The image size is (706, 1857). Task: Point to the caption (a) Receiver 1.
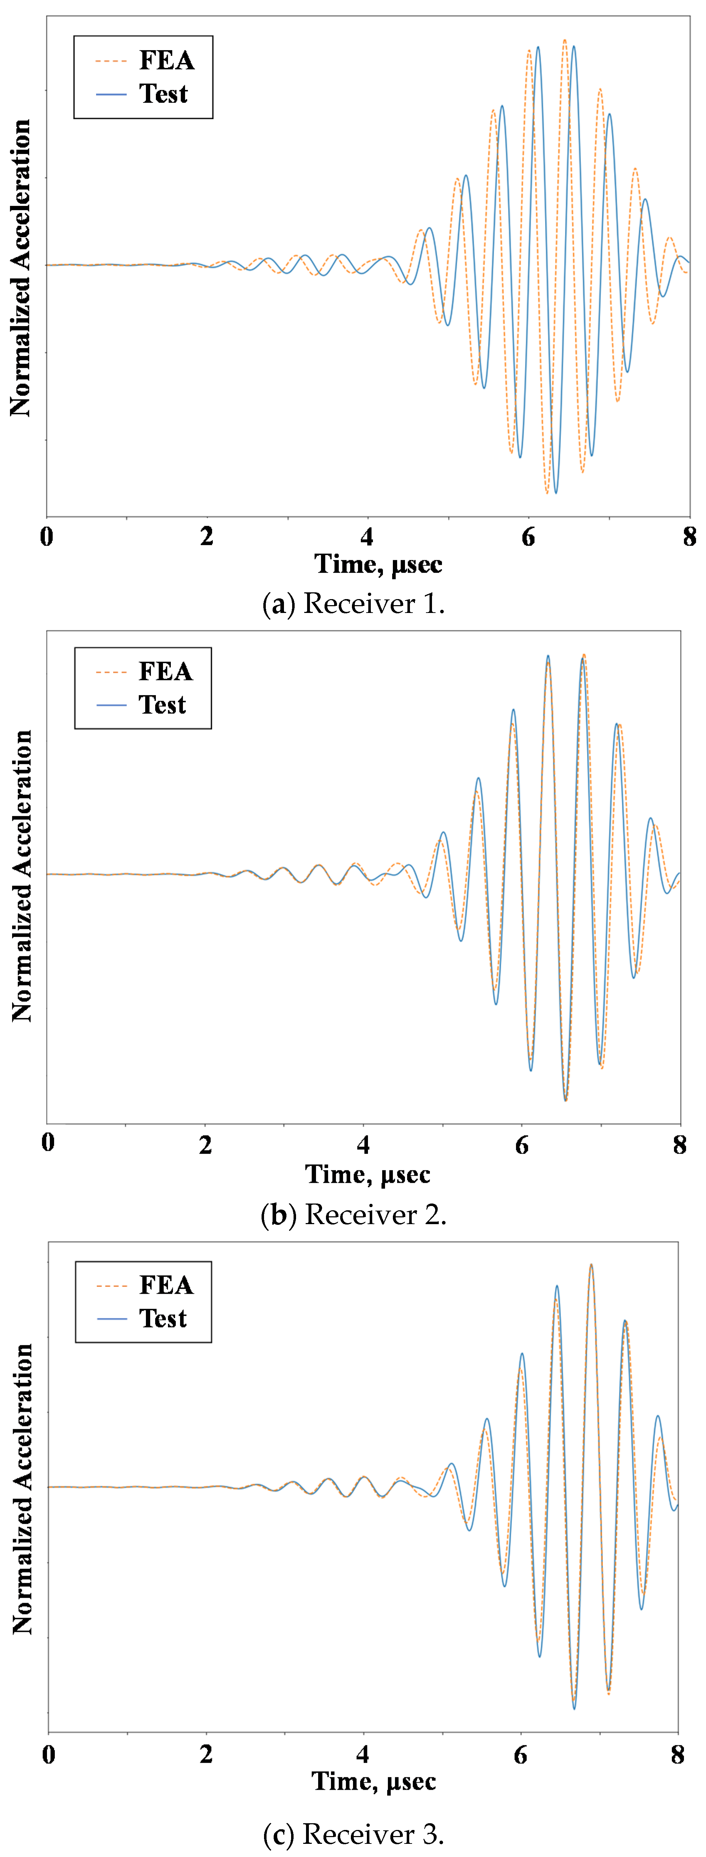353,603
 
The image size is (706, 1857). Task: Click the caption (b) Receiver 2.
353,1215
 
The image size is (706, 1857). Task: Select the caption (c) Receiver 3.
353,1833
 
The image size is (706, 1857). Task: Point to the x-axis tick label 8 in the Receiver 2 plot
679,1144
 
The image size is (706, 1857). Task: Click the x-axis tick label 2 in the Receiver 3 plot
206,1754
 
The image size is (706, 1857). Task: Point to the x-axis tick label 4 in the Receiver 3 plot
363,1754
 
